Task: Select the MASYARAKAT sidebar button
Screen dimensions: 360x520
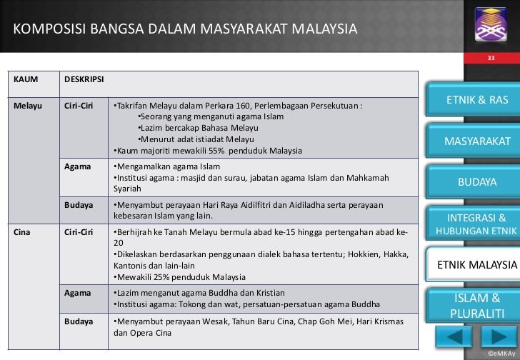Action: point(477,141)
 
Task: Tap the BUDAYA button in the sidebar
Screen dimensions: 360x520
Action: point(477,182)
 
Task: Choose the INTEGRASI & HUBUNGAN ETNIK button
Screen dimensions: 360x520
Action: point(476,224)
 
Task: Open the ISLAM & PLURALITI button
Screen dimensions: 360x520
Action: point(476,306)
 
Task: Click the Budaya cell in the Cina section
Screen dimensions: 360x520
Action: point(79,321)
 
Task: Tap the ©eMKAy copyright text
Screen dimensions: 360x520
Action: point(499,354)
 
